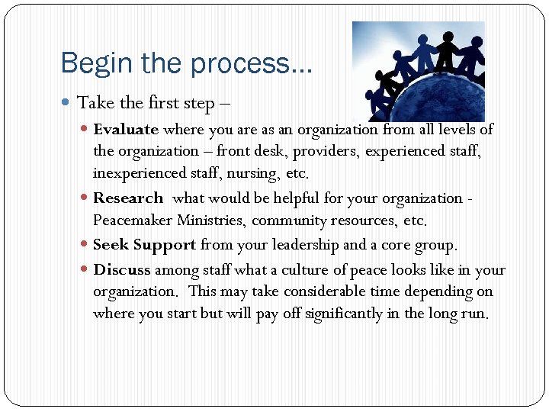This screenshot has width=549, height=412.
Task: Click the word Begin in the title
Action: coord(92,63)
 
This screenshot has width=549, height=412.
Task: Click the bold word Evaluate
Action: coord(126,130)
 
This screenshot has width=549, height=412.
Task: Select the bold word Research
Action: coord(128,198)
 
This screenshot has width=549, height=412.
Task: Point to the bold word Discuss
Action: coord(122,269)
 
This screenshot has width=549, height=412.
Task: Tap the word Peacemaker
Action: coord(131,221)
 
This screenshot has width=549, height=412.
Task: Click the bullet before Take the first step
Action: coord(69,103)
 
